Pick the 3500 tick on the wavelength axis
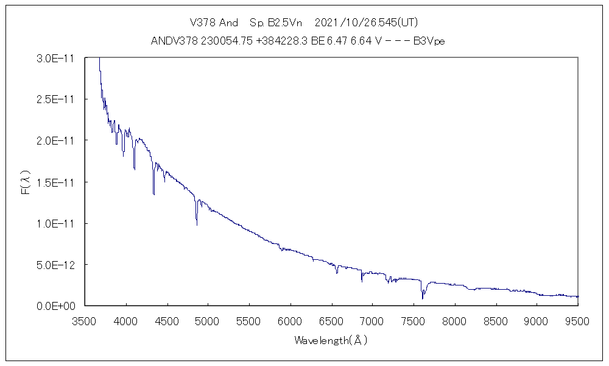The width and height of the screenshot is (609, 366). [x=85, y=320]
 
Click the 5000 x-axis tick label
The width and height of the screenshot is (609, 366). [x=208, y=320]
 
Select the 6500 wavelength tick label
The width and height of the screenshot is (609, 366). [x=331, y=320]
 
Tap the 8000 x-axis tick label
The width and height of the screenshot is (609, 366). [x=454, y=320]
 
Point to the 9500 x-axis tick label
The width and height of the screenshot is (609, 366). [x=577, y=320]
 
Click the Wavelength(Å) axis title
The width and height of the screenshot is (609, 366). [x=331, y=340]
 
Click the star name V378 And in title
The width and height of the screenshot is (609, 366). [x=214, y=23]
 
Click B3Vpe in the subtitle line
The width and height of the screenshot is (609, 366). [x=431, y=41]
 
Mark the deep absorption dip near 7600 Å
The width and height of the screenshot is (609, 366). [x=422, y=298]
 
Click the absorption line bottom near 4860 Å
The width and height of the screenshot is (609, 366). [x=197, y=224]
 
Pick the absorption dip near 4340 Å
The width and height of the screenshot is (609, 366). [x=153, y=193]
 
